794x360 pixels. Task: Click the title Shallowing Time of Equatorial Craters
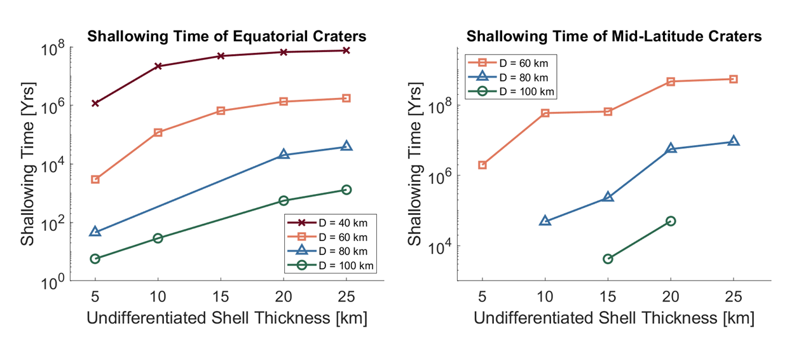click(x=227, y=36)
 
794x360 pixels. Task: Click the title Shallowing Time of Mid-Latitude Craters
click(x=614, y=36)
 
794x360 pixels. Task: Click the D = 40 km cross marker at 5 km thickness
click(x=95, y=103)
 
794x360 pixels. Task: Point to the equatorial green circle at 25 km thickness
click(x=346, y=190)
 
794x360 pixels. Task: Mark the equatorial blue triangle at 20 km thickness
click(x=284, y=155)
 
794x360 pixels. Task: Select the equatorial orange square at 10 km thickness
click(x=158, y=132)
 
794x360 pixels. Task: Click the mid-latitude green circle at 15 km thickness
click(x=608, y=259)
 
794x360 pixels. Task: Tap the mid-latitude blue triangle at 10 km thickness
click(x=545, y=221)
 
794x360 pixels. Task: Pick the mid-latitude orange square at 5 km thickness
click(x=483, y=165)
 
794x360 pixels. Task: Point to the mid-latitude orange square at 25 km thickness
click(x=734, y=79)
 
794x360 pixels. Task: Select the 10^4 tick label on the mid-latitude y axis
click(x=442, y=247)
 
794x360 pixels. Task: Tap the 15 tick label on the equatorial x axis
click(x=221, y=297)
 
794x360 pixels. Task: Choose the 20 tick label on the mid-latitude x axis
click(x=671, y=297)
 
